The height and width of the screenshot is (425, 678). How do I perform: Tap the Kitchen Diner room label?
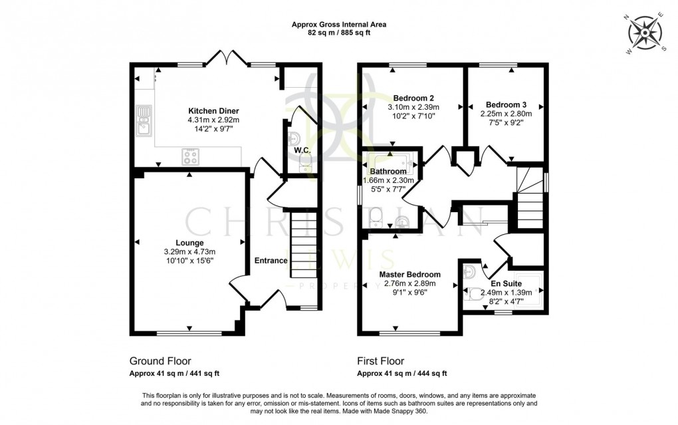213,110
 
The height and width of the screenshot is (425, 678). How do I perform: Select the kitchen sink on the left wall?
144,121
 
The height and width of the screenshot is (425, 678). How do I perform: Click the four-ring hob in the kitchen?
190,157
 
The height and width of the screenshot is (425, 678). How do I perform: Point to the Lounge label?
189,243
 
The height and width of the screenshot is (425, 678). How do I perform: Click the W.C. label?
303,150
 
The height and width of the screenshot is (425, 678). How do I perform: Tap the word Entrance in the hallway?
271,261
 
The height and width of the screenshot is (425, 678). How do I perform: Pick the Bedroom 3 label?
506,104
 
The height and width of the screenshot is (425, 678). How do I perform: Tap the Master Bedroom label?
409,275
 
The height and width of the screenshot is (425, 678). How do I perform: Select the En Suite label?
507,283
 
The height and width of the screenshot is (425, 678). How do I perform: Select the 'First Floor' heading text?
381,361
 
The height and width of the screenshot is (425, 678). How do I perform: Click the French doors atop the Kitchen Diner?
227,61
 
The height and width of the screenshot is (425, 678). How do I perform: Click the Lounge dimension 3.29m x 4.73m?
189,251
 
